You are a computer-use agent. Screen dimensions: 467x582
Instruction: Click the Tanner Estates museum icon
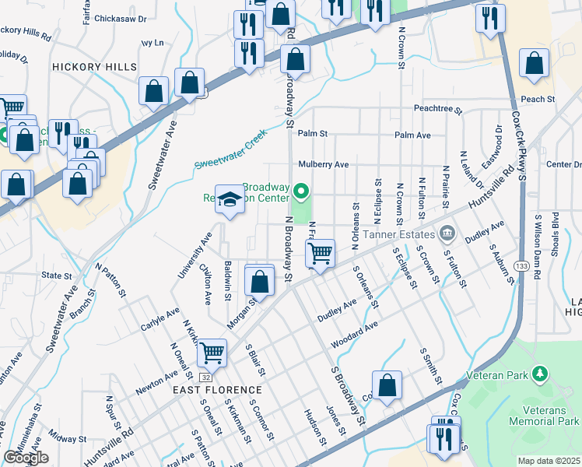coord(447,232)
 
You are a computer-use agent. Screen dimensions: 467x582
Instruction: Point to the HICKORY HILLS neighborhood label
coord(94,68)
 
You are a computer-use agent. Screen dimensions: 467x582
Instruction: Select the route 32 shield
coord(204,377)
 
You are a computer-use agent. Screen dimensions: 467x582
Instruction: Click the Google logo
coord(26,458)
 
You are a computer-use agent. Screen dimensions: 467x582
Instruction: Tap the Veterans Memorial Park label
coord(544,414)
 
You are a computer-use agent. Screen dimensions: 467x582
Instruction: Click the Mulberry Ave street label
coord(323,165)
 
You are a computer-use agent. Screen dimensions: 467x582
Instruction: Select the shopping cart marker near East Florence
coord(212,353)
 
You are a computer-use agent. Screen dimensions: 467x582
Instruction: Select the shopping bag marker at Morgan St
coord(260,280)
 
